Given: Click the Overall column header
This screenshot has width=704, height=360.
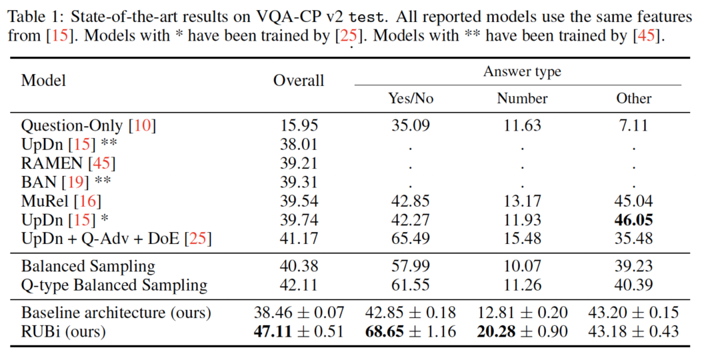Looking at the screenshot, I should pos(298,80).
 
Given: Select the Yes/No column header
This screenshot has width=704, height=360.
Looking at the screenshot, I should pos(410,98).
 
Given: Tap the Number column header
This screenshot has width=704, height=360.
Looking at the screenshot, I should pos(522,98).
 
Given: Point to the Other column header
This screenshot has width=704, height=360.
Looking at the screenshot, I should pos(633,98).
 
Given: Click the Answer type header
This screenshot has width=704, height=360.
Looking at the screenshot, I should pos(522,71).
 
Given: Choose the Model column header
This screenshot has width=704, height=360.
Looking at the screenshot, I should pos(43,80).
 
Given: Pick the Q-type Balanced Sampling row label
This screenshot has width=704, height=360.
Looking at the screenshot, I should pos(114,285).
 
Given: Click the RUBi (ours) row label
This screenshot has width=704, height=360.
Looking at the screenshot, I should pos(63,332).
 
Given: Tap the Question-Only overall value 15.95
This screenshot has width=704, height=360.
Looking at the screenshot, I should pos(298,126).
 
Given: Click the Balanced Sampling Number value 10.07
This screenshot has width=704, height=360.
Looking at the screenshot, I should pos(522,267).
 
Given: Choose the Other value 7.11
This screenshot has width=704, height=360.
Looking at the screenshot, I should pos(633,126).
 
